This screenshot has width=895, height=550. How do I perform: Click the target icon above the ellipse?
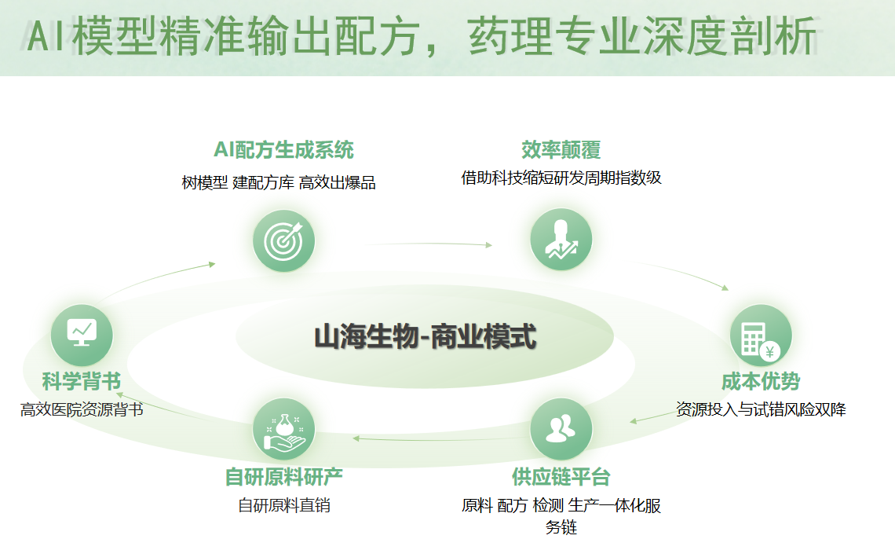pyautogui.click(x=283, y=241)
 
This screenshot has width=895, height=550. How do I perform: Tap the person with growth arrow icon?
pyautogui.click(x=561, y=240)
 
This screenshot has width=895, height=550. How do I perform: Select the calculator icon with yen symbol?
pyautogui.click(x=760, y=335)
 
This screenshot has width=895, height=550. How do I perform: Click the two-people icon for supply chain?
pyautogui.click(x=561, y=429)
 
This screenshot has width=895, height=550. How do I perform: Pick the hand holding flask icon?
pyautogui.click(x=283, y=430)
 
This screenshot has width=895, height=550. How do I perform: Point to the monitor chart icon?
pyautogui.click(x=82, y=334)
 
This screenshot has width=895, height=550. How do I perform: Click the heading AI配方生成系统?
pyautogui.click(x=283, y=149)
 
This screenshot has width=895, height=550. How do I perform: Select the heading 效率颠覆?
pyautogui.click(x=561, y=149)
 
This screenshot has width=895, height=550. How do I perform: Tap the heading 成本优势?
pyautogui.click(x=760, y=382)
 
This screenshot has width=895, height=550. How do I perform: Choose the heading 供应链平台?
pyautogui.click(x=561, y=476)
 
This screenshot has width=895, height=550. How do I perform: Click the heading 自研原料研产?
pyautogui.click(x=283, y=477)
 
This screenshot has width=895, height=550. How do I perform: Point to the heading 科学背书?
pyautogui.click(x=82, y=382)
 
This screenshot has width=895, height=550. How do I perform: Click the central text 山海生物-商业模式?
pyautogui.click(x=425, y=338)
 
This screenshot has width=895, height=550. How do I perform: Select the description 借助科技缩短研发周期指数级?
pyautogui.click(x=561, y=178)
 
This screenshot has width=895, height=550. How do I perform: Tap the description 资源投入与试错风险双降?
pyautogui.click(x=760, y=409)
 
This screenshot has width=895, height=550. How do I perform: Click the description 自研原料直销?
pyautogui.click(x=283, y=505)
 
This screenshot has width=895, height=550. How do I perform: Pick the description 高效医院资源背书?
pyautogui.click(x=82, y=409)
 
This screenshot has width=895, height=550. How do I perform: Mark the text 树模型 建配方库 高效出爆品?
pyautogui.click(x=279, y=183)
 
